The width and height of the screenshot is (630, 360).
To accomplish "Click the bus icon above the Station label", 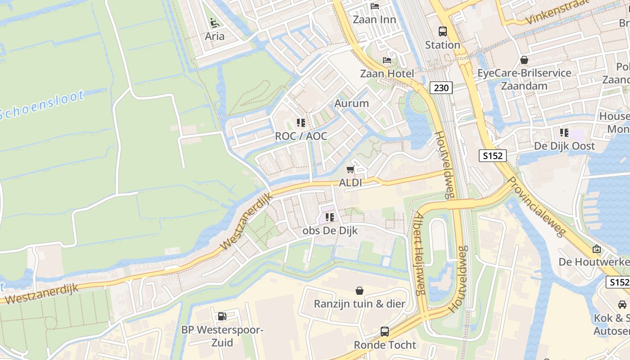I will point(443,31).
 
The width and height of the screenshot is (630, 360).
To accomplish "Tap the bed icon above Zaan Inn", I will point(374,6).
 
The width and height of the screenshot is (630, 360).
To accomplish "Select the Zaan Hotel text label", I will point(387,73).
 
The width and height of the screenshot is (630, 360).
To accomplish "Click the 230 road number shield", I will point(441,88).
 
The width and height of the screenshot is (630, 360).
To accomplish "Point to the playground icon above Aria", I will point(215,22).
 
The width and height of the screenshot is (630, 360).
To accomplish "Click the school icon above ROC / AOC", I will point(301,122).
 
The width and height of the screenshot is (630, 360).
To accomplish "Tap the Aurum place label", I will point(351,103).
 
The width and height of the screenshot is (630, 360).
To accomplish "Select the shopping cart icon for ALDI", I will point(350,170).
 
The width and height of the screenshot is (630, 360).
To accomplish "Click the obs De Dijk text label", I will point(330,231).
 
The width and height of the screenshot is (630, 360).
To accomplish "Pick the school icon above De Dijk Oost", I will point(564,133).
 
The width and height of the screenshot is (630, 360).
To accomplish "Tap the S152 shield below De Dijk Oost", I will point(492,156).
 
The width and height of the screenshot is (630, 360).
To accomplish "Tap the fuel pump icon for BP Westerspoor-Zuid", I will point(222,316).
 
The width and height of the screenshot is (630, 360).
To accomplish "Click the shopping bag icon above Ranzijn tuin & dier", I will point(359,290).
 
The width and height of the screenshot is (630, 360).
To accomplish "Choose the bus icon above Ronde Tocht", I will point(384,332).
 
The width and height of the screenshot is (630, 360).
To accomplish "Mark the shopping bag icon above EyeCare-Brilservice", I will point(524,59).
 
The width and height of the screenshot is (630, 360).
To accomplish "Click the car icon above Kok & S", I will point(622,305).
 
